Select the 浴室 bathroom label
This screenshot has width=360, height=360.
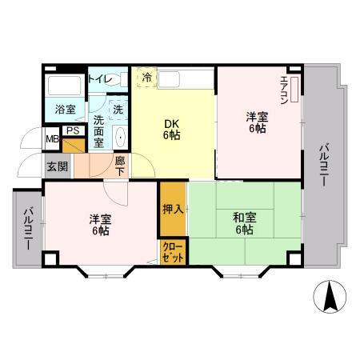(x=65, y=109)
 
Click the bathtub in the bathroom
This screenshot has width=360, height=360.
(x=63, y=86)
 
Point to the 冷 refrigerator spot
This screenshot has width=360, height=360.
(x=146, y=77)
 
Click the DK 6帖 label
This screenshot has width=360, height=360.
(x=172, y=129)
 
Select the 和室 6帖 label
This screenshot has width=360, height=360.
(x=244, y=222)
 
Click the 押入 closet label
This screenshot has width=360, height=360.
(x=173, y=210)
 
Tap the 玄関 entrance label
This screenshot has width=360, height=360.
(x=57, y=166)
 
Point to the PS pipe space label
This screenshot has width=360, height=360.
(x=72, y=131)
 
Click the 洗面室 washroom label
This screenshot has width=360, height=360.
(x=98, y=130)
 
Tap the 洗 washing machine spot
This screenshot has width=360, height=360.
(x=118, y=109)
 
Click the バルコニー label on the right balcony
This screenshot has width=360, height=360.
(x=323, y=164)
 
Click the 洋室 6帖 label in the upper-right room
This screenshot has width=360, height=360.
(x=257, y=122)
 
